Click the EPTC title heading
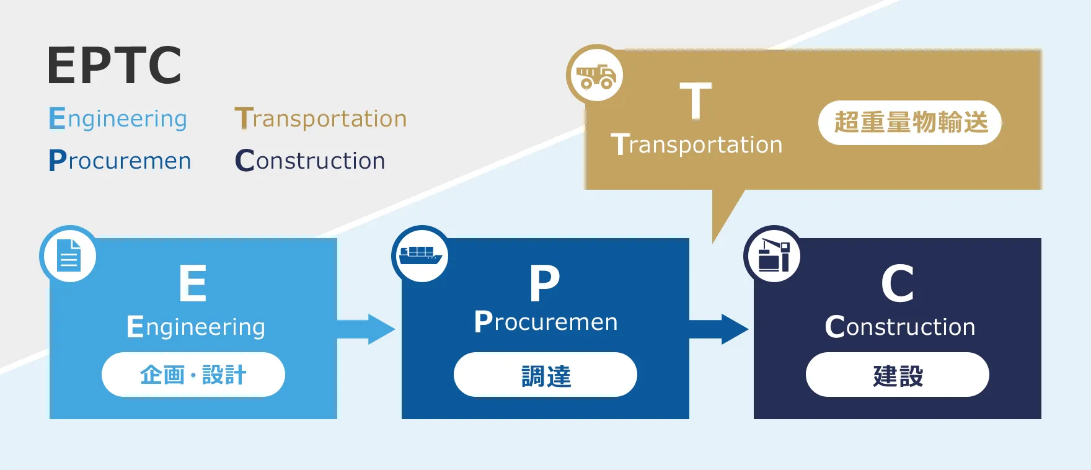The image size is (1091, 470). coord(115,65)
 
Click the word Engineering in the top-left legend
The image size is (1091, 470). coord(118,118)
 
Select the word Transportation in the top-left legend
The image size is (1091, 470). coord(320,118)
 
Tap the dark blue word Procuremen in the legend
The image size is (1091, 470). coord(120,161)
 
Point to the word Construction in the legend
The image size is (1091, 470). coord(310,161)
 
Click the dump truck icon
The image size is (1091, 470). coord(596,76)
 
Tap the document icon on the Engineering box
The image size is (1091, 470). coord(69,255)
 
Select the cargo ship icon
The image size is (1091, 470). coord(421,255)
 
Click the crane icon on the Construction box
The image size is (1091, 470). coord(773,255)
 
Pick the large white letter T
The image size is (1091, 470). coord(696,100)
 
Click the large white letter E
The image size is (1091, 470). coord(193,283)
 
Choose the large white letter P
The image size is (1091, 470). coord(545,283)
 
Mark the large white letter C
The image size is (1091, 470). coord(898,283)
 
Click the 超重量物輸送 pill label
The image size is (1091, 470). coord(910,123)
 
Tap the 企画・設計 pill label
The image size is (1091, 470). coord(193,375)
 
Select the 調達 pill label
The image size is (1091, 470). coord(545,375)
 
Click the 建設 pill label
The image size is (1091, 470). coord(898,375)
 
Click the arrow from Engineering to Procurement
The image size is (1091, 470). coord(366,329)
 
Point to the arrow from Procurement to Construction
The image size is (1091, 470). coord(719,329)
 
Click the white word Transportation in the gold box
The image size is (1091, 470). coord(697,144)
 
